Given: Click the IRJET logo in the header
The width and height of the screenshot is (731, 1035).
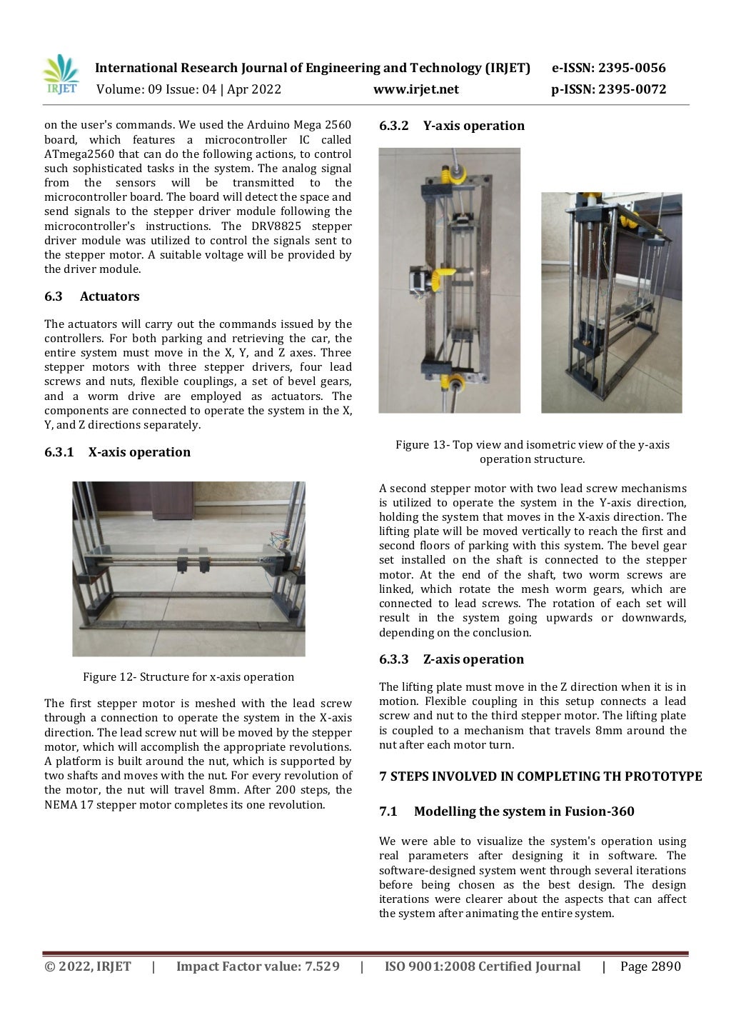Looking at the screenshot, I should tap(61, 75).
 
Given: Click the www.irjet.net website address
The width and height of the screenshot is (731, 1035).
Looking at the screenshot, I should tap(415, 89).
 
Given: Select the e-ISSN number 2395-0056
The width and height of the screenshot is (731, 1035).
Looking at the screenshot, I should tap(608, 68).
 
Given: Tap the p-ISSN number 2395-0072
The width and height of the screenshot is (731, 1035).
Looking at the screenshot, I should tap(608, 89).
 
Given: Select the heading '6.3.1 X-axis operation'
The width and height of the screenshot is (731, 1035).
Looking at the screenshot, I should tap(117, 452).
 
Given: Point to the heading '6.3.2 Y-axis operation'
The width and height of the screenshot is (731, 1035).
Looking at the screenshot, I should tap(451, 126).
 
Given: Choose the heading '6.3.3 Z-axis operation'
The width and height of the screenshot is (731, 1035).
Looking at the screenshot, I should tap(451, 659).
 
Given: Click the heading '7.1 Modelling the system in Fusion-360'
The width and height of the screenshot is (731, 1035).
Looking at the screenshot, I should tap(506, 811).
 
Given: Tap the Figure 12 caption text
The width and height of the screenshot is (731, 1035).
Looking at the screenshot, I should tap(188, 677).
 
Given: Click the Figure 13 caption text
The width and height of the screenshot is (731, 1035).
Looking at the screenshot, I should tap(533, 451).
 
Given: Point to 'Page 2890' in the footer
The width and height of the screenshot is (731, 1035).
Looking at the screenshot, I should tap(650, 966).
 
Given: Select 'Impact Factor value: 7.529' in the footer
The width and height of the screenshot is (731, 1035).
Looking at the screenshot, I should tap(258, 966).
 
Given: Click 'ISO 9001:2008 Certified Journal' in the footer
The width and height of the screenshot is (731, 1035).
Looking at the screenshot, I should tap(483, 966).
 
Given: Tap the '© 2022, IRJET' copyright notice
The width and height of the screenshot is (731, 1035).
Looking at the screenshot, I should tap(88, 966).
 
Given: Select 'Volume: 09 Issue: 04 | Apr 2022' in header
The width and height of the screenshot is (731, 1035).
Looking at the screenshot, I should tap(188, 89).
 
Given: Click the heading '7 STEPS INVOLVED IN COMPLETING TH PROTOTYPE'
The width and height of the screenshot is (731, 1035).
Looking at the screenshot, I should tap(540, 776).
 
